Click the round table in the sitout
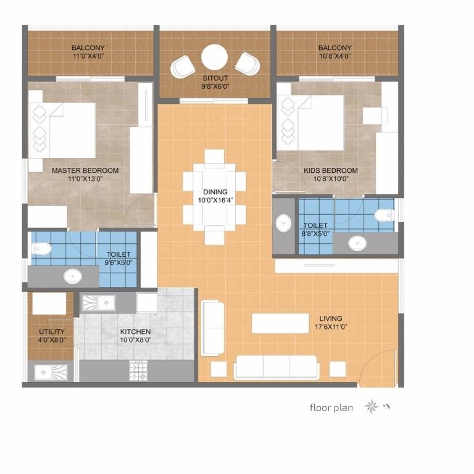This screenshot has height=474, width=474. pyautogui.click(x=214, y=57)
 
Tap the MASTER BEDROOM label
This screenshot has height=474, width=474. pyautogui.click(x=85, y=170)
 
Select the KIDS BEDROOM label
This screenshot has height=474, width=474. pyautogui.click(x=331, y=170)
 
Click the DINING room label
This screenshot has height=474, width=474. pyautogui.click(x=215, y=192)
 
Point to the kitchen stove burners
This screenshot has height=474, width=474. pyautogui.click(x=138, y=370)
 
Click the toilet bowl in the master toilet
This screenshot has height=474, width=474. pyautogui.click(x=41, y=249)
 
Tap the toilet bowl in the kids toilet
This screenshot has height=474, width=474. pyautogui.click(x=385, y=215)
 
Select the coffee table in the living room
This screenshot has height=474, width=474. pyautogui.click(x=280, y=323)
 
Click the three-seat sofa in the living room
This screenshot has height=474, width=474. pyautogui.click(x=276, y=367)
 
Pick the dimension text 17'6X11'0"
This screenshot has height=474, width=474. pyautogui.click(x=331, y=326)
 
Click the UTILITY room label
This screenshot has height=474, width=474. pyautogui.click(x=52, y=331)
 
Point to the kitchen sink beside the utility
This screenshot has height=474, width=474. pyautogui.click(x=99, y=302)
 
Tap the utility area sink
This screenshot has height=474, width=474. pyautogui.click(x=51, y=372)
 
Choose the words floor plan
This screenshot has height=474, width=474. pyautogui.click(x=331, y=408)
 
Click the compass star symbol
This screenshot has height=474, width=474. pyautogui.click(x=371, y=406)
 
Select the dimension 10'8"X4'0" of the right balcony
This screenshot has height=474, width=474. pyautogui.click(x=335, y=56)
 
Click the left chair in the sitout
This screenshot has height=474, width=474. pyautogui.click(x=183, y=67)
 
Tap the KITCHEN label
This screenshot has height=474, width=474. pyautogui.click(x=135, y=331)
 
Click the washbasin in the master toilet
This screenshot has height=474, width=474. pyautogui.click(x=73, y=276)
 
